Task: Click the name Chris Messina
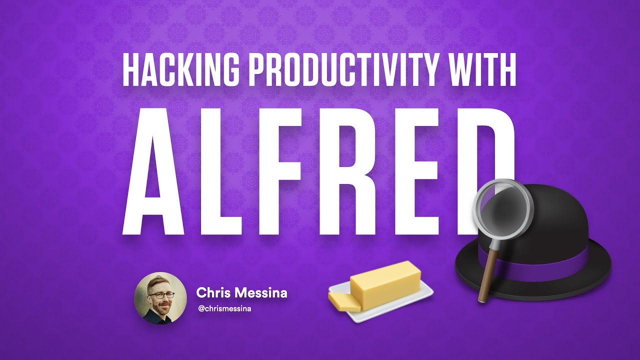(x=241, y=293)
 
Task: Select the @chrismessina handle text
(x=224, y=308)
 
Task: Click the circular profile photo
(x=153, y=298)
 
